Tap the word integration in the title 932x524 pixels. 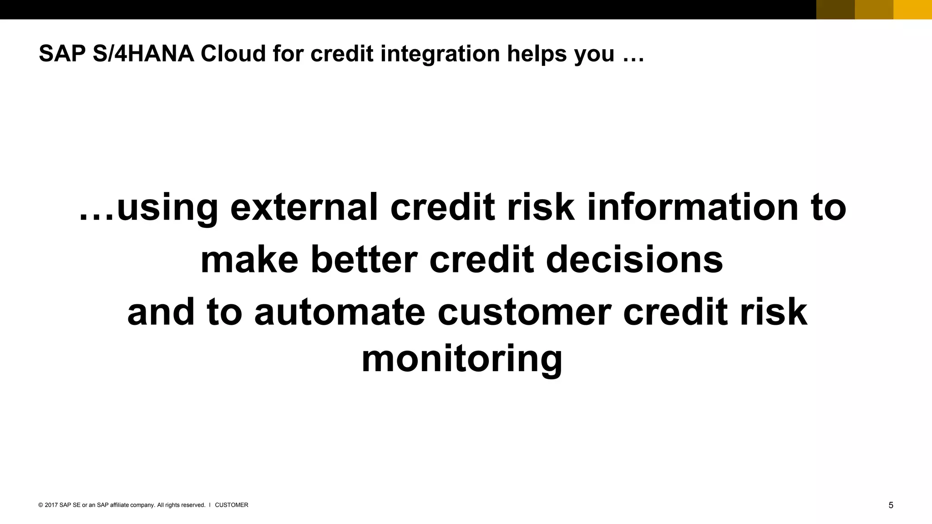click(x=440, y=54)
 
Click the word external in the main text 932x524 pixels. click(x=304, y=207)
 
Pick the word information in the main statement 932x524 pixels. click(x=693, y=207)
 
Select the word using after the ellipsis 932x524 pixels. click(x=167, y=208)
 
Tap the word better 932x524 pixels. click(x=364, y=260)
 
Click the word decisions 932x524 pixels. click(x=634, y=260)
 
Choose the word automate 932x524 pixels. click(x=339, y=312)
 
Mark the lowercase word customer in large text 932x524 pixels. click(x=524, y=312)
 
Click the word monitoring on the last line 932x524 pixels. click(x=462, y=359)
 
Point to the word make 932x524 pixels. click(x=249, y=260)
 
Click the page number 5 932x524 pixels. click(x=891, y=505)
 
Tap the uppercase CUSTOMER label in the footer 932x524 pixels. click(x=231, y=505)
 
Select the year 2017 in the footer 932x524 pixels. click(x=51, y=505)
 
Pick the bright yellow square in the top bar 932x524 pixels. click(x=912, y=10)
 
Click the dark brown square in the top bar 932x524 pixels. click(x=835, y=10)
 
